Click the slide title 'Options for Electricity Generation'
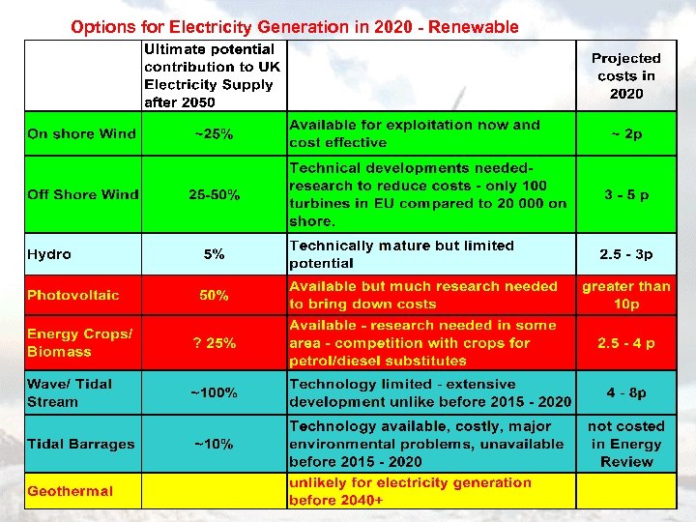pos(295,27)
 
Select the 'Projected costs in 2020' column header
pos(625,76)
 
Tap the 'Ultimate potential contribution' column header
pos(210,75)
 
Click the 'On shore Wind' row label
pos(82,133)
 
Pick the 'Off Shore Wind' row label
pos(83,194)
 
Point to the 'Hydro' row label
pos(49,254)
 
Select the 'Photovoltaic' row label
pos(73,295)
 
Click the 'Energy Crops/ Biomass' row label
pos(78,342)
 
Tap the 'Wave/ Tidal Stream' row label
pos(70,392)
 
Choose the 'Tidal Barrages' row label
pos(81,444)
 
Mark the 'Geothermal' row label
pos(70,491)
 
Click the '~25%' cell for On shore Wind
pos(214,133)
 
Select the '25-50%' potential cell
pos(214,194)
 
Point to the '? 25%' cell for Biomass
pos(214,343)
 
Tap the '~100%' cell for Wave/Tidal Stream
pos(214,392)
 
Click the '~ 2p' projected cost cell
pos(625,133)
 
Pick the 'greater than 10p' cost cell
pos(625,295)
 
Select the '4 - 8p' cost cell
pos(625,393)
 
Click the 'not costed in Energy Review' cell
pos(625,444)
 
